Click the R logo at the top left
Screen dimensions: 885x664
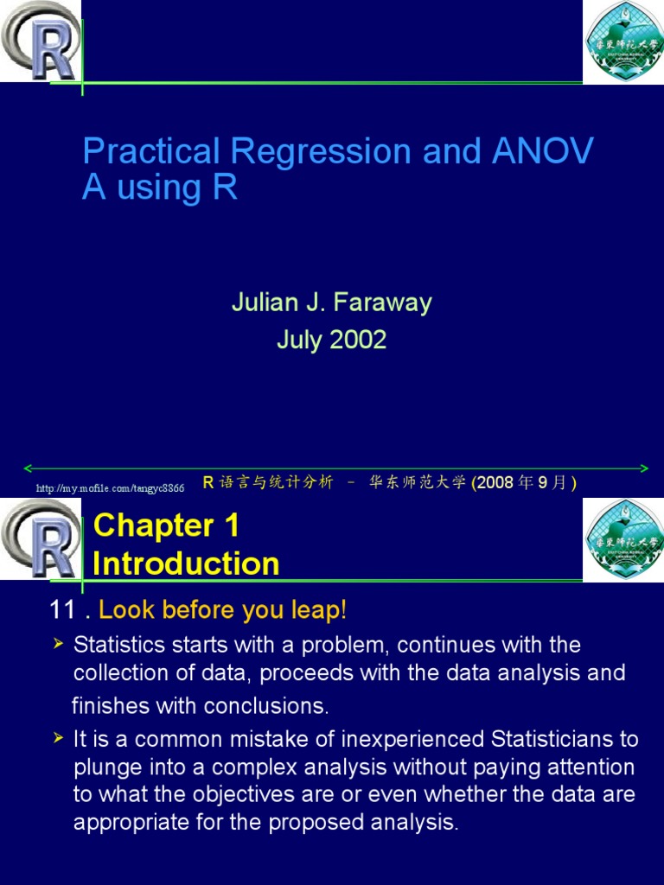(x=41, y=41)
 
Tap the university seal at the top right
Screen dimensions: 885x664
(x=622, y=41)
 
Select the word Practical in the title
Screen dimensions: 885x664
(x=151, y=152)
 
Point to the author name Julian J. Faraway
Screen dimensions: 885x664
(x=331, y=302)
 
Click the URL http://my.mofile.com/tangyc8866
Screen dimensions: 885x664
(x=110, y=488)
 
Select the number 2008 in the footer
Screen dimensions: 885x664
(x=495, y=482)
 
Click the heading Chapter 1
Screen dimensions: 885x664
(x=166, y=525)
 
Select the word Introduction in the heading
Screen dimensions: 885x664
(x=186, y=563)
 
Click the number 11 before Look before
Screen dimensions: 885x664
(x=63, y=610)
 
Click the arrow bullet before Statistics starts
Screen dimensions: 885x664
(x=59, y=644)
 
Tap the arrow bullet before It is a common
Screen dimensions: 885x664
(x=59, y=738)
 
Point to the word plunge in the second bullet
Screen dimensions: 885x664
(x=105, y=767)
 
